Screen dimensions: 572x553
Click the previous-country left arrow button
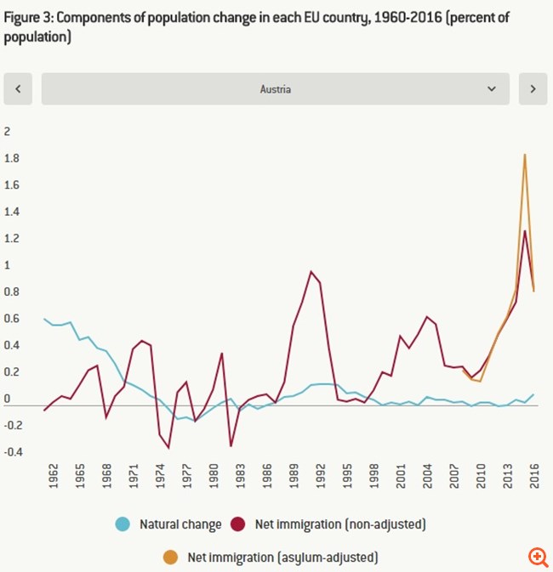[18, 88]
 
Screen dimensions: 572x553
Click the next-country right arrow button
[533, 88]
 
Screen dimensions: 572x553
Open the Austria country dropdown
[275, 88]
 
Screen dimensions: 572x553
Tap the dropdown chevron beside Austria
[491, 88]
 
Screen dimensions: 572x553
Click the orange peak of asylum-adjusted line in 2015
[525, 155]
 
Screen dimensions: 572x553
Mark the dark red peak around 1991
[311, 271]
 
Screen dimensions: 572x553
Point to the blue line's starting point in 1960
[44, 319]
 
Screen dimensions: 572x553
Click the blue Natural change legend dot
[122, 524]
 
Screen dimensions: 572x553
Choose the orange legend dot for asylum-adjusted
[170, 557]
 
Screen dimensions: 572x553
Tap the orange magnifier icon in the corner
[537, 557]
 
